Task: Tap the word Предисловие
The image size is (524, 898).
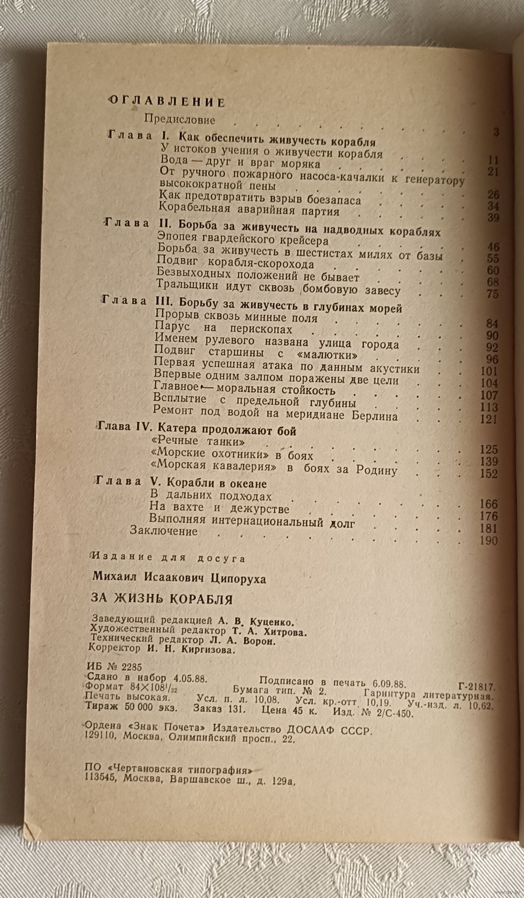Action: click(x=179, y=119)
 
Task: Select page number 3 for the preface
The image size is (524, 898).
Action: click(x=496, y=132)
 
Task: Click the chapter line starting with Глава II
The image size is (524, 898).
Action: click(x=272, y=228)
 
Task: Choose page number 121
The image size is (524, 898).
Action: click(x=489, y=419)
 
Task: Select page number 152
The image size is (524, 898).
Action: click(x=489, y=474)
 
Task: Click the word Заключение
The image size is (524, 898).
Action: click(x=163, y=531)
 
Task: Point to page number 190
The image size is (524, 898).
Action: click(x=489, y=541)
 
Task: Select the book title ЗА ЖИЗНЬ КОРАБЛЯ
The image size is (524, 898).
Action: click(x=161, y=598)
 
